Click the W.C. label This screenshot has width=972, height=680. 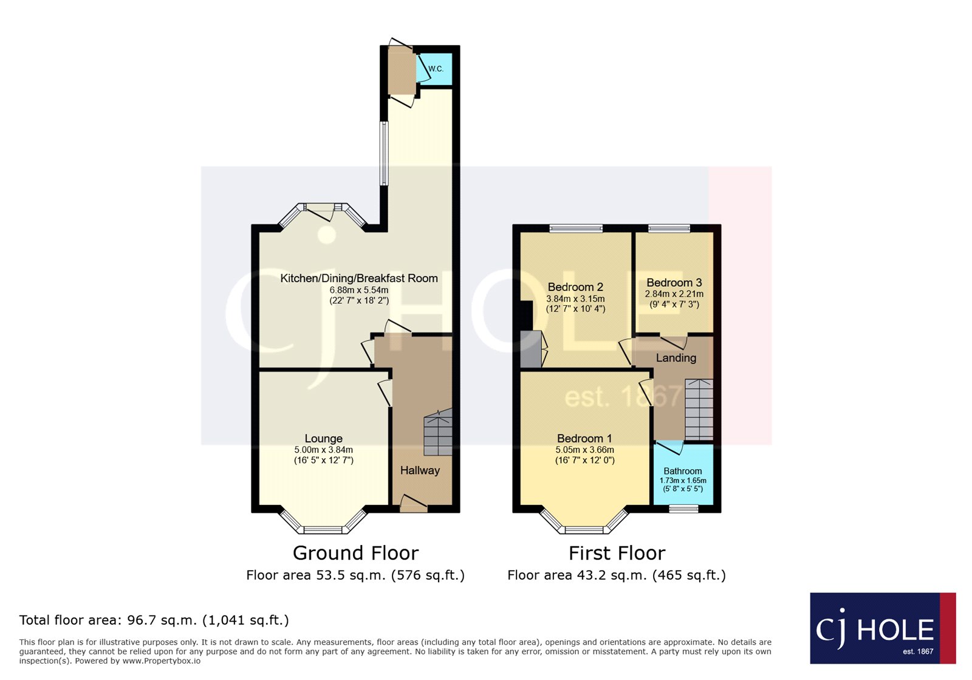point(436,69)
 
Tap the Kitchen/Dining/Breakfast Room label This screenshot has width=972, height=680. point(358,278)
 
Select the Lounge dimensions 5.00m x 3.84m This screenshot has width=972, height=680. point(323,450)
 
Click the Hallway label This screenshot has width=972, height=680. point(420,470)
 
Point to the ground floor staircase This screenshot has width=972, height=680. point(439,433)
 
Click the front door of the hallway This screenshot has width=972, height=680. point(414,505)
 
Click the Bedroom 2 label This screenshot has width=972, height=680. point(575,287)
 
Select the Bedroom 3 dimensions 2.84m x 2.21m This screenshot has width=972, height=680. point(674,294)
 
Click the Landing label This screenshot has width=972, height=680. point(676,358)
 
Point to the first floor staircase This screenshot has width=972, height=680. point(699,409)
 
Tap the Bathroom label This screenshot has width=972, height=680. point(682,471)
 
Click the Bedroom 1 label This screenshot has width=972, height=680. point(584,438)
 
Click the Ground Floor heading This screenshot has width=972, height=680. point(355,553)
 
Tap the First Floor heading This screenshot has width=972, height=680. point(617,553)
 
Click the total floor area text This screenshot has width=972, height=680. point(154,620)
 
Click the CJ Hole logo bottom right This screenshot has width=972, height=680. point(882,628)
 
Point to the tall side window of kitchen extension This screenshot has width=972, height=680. point(383,153)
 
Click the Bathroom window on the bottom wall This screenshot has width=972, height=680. point(683,509)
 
